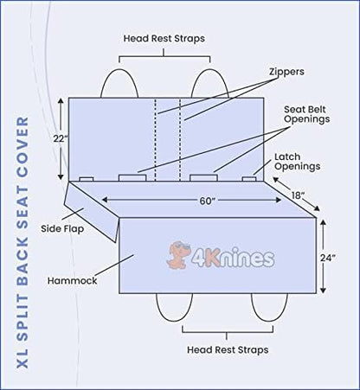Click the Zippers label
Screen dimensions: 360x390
pyautogui.click(x=286, y=72)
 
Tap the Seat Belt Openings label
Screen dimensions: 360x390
pyautogui.click(x=307, y=114)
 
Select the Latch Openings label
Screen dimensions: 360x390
pyautogui.click(x=297, y=162)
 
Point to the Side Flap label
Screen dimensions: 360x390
pyautogui.click(x=62, y=229)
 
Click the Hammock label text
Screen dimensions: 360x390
pyautogui.click(x=72, y=280)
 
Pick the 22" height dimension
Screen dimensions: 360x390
pyautogui.click(x=61, y=138)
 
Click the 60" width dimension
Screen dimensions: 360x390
pyautogui.click(x=208, y=201)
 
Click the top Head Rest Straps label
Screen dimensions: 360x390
pyautogui.click(x=164, y=38)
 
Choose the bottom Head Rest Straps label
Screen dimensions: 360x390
pyautogui.click(x=228, y=349)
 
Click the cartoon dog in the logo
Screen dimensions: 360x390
pyautogui.click(x=178, y=255)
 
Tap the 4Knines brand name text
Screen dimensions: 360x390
pyautogui.click(x=233, y=257)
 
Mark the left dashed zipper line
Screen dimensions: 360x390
pyautogui.click(x=156, y=139)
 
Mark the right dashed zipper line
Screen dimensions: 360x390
pyautogui.click(x=180, y=139)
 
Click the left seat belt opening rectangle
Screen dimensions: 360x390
pyautogui.click(x=132, y=178)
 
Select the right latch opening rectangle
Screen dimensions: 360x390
pyautogui.click(x=249, y=179)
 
